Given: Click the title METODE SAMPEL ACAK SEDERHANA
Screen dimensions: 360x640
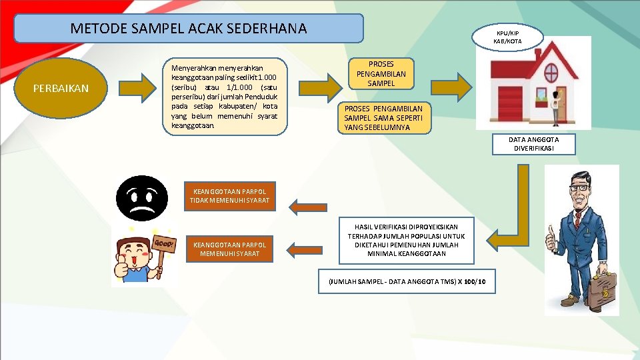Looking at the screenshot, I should pyautogui.click(x=189, y=29).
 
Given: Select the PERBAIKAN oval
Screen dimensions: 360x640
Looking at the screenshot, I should pyautogui.click(x=61, y=88).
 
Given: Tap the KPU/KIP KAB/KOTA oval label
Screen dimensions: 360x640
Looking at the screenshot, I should pyautogui.click(x=507, y=37).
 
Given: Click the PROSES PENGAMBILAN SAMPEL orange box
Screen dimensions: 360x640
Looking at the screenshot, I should pyautogui.click(x=381, y=74).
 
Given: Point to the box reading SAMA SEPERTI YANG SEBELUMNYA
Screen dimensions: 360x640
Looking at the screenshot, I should pyautogui.click(x=384, y=118).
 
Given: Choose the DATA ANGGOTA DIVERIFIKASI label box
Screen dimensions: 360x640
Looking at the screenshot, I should pyautogui.click(x=533, y=144).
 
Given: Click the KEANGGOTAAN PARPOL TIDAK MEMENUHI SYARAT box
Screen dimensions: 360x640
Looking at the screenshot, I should pyautogui.click(x=229, y=196).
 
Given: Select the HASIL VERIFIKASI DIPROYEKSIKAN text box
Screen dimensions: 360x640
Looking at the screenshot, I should pyautogui.click(x=406, y=240).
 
